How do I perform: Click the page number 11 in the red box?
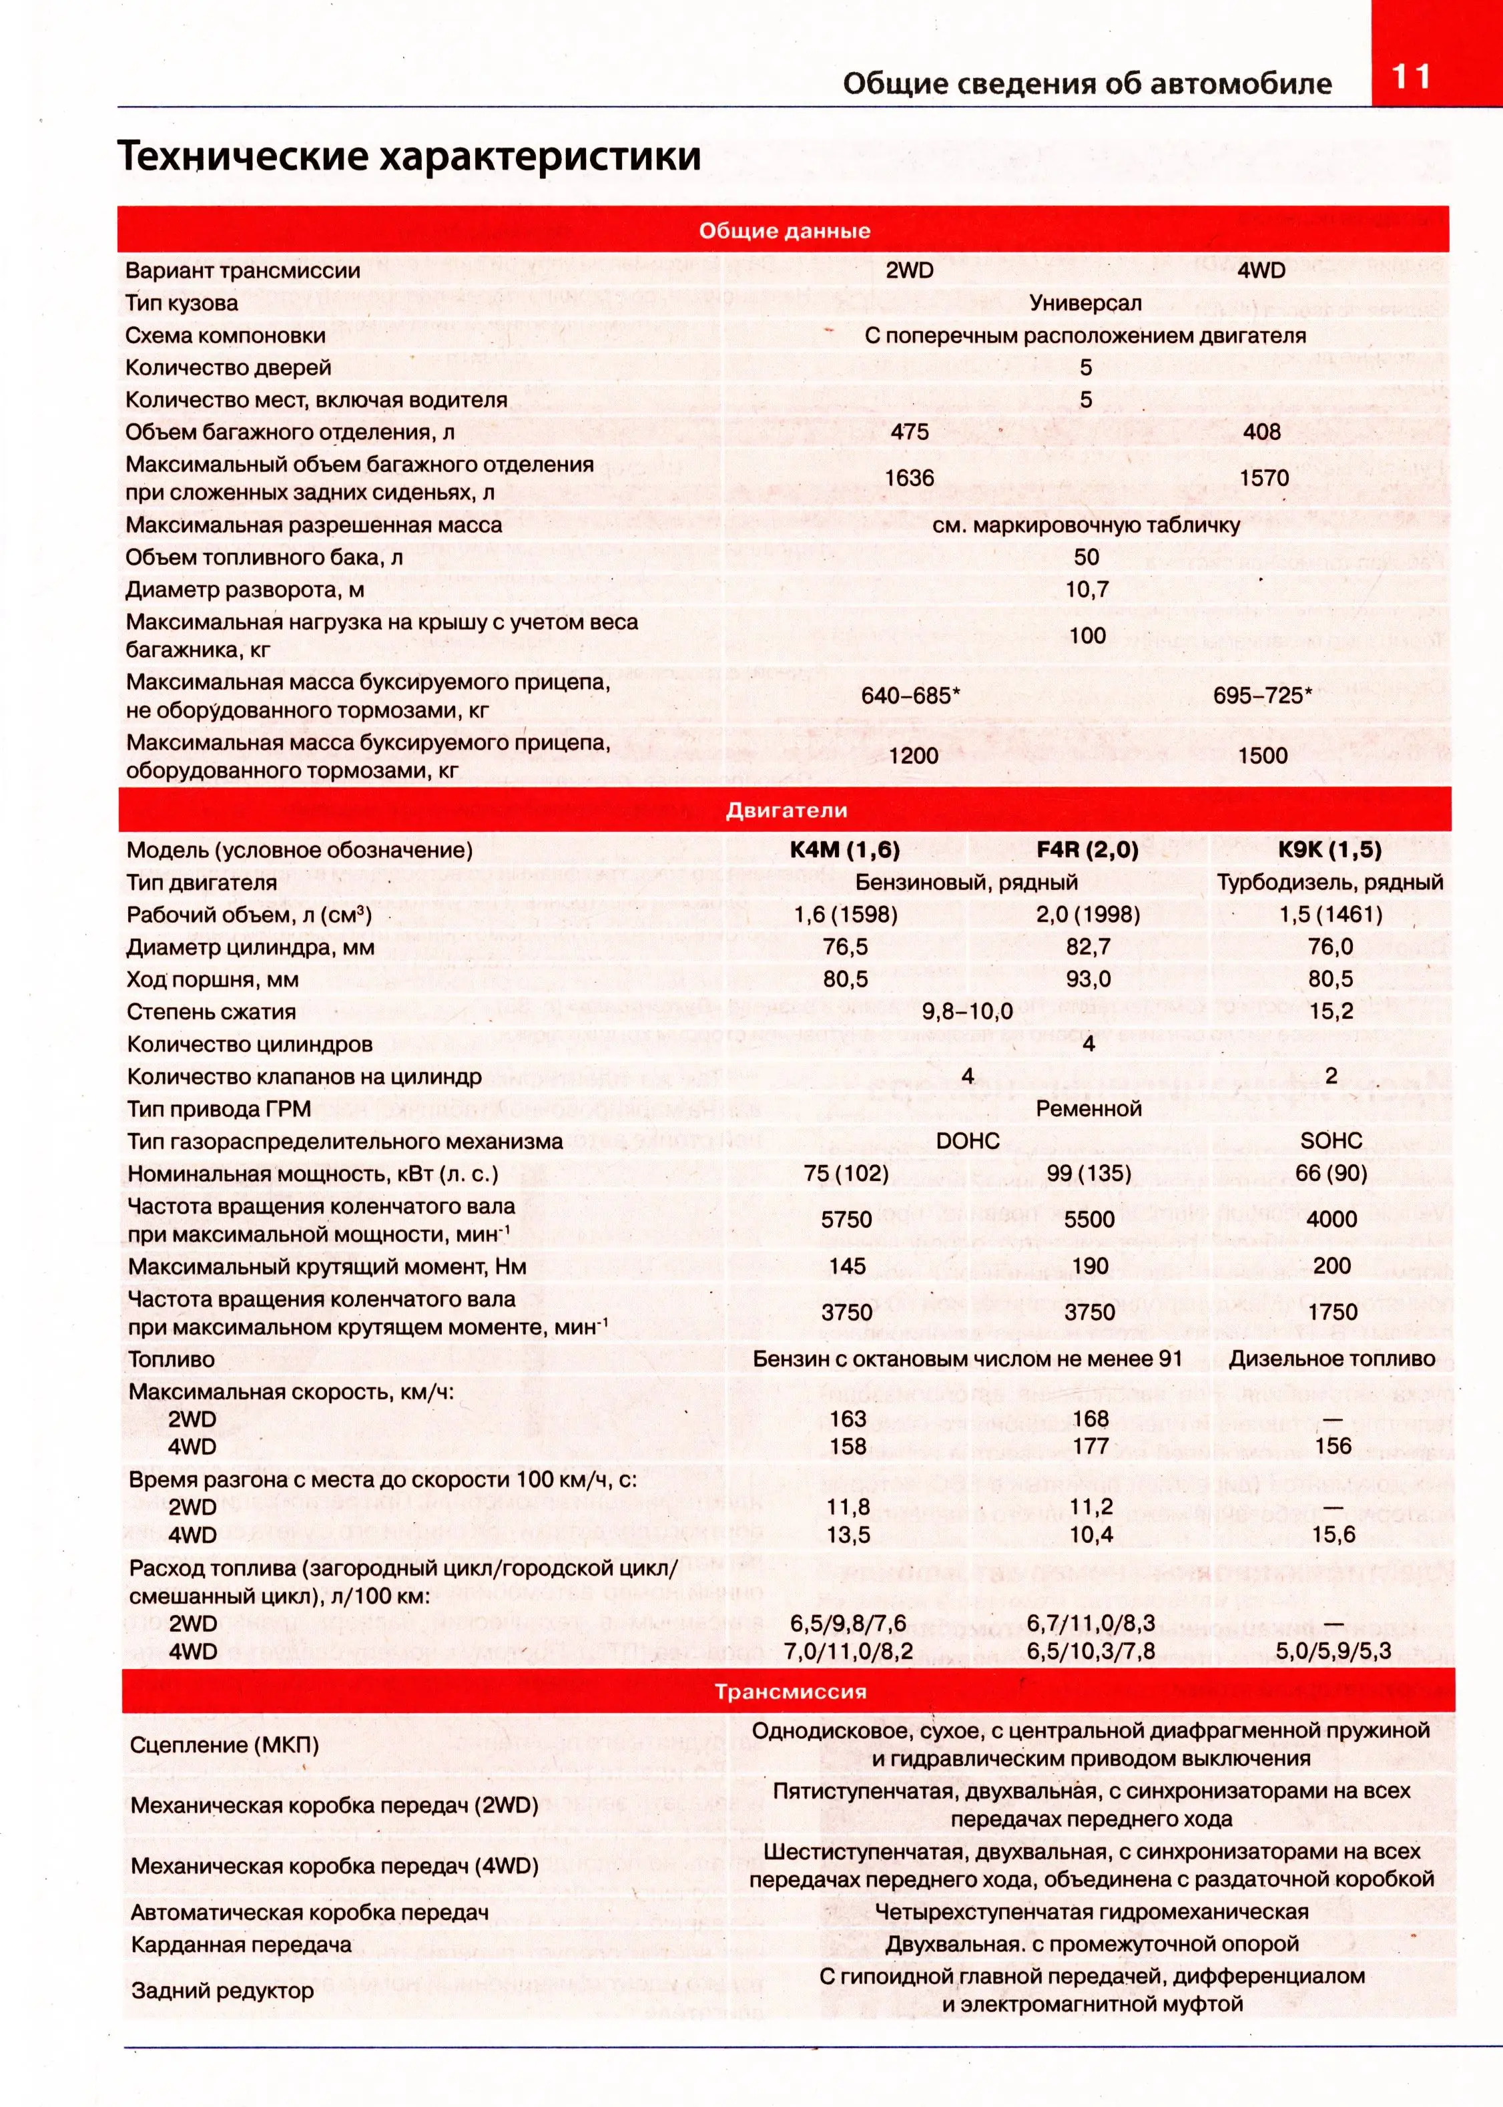click(1410, 76)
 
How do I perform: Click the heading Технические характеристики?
click(409, 156)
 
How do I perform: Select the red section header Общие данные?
click(784, 230)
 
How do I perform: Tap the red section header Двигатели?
click(786, 810)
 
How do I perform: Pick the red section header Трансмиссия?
click(790, 1691)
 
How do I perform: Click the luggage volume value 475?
click(909, 431)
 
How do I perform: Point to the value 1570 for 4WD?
click(1263, 478)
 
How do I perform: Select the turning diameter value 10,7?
click(1087, 589)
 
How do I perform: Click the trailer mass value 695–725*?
click(1262, 695)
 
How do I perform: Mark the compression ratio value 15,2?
click(1331, 1011)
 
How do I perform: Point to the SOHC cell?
click(1331, 1140)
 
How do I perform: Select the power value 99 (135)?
click(1089, 1173)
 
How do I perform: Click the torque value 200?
click(1331, 1266)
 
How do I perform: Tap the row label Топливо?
click(172, 1359)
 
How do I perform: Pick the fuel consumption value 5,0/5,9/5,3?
click(1333, 1650)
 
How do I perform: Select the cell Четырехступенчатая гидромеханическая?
click(1091, 1911)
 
